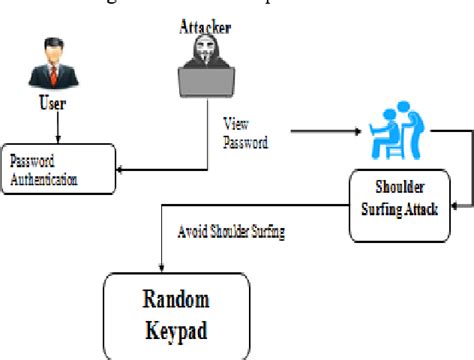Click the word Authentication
coord(44,179)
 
